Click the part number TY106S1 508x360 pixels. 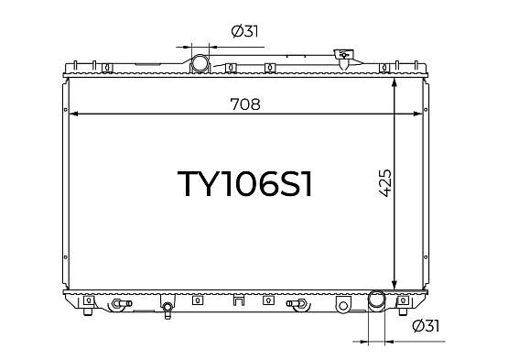[245, 184]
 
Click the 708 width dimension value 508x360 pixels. [245, 104]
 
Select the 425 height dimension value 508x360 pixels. [385, 183]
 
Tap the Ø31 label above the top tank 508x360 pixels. [245, 31]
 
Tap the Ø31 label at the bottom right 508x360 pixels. [426, 325]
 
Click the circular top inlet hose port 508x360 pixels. [200, 64]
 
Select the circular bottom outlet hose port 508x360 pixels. [376, 300]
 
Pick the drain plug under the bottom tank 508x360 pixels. [168, 310]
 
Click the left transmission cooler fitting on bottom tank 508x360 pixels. [122, 304]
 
